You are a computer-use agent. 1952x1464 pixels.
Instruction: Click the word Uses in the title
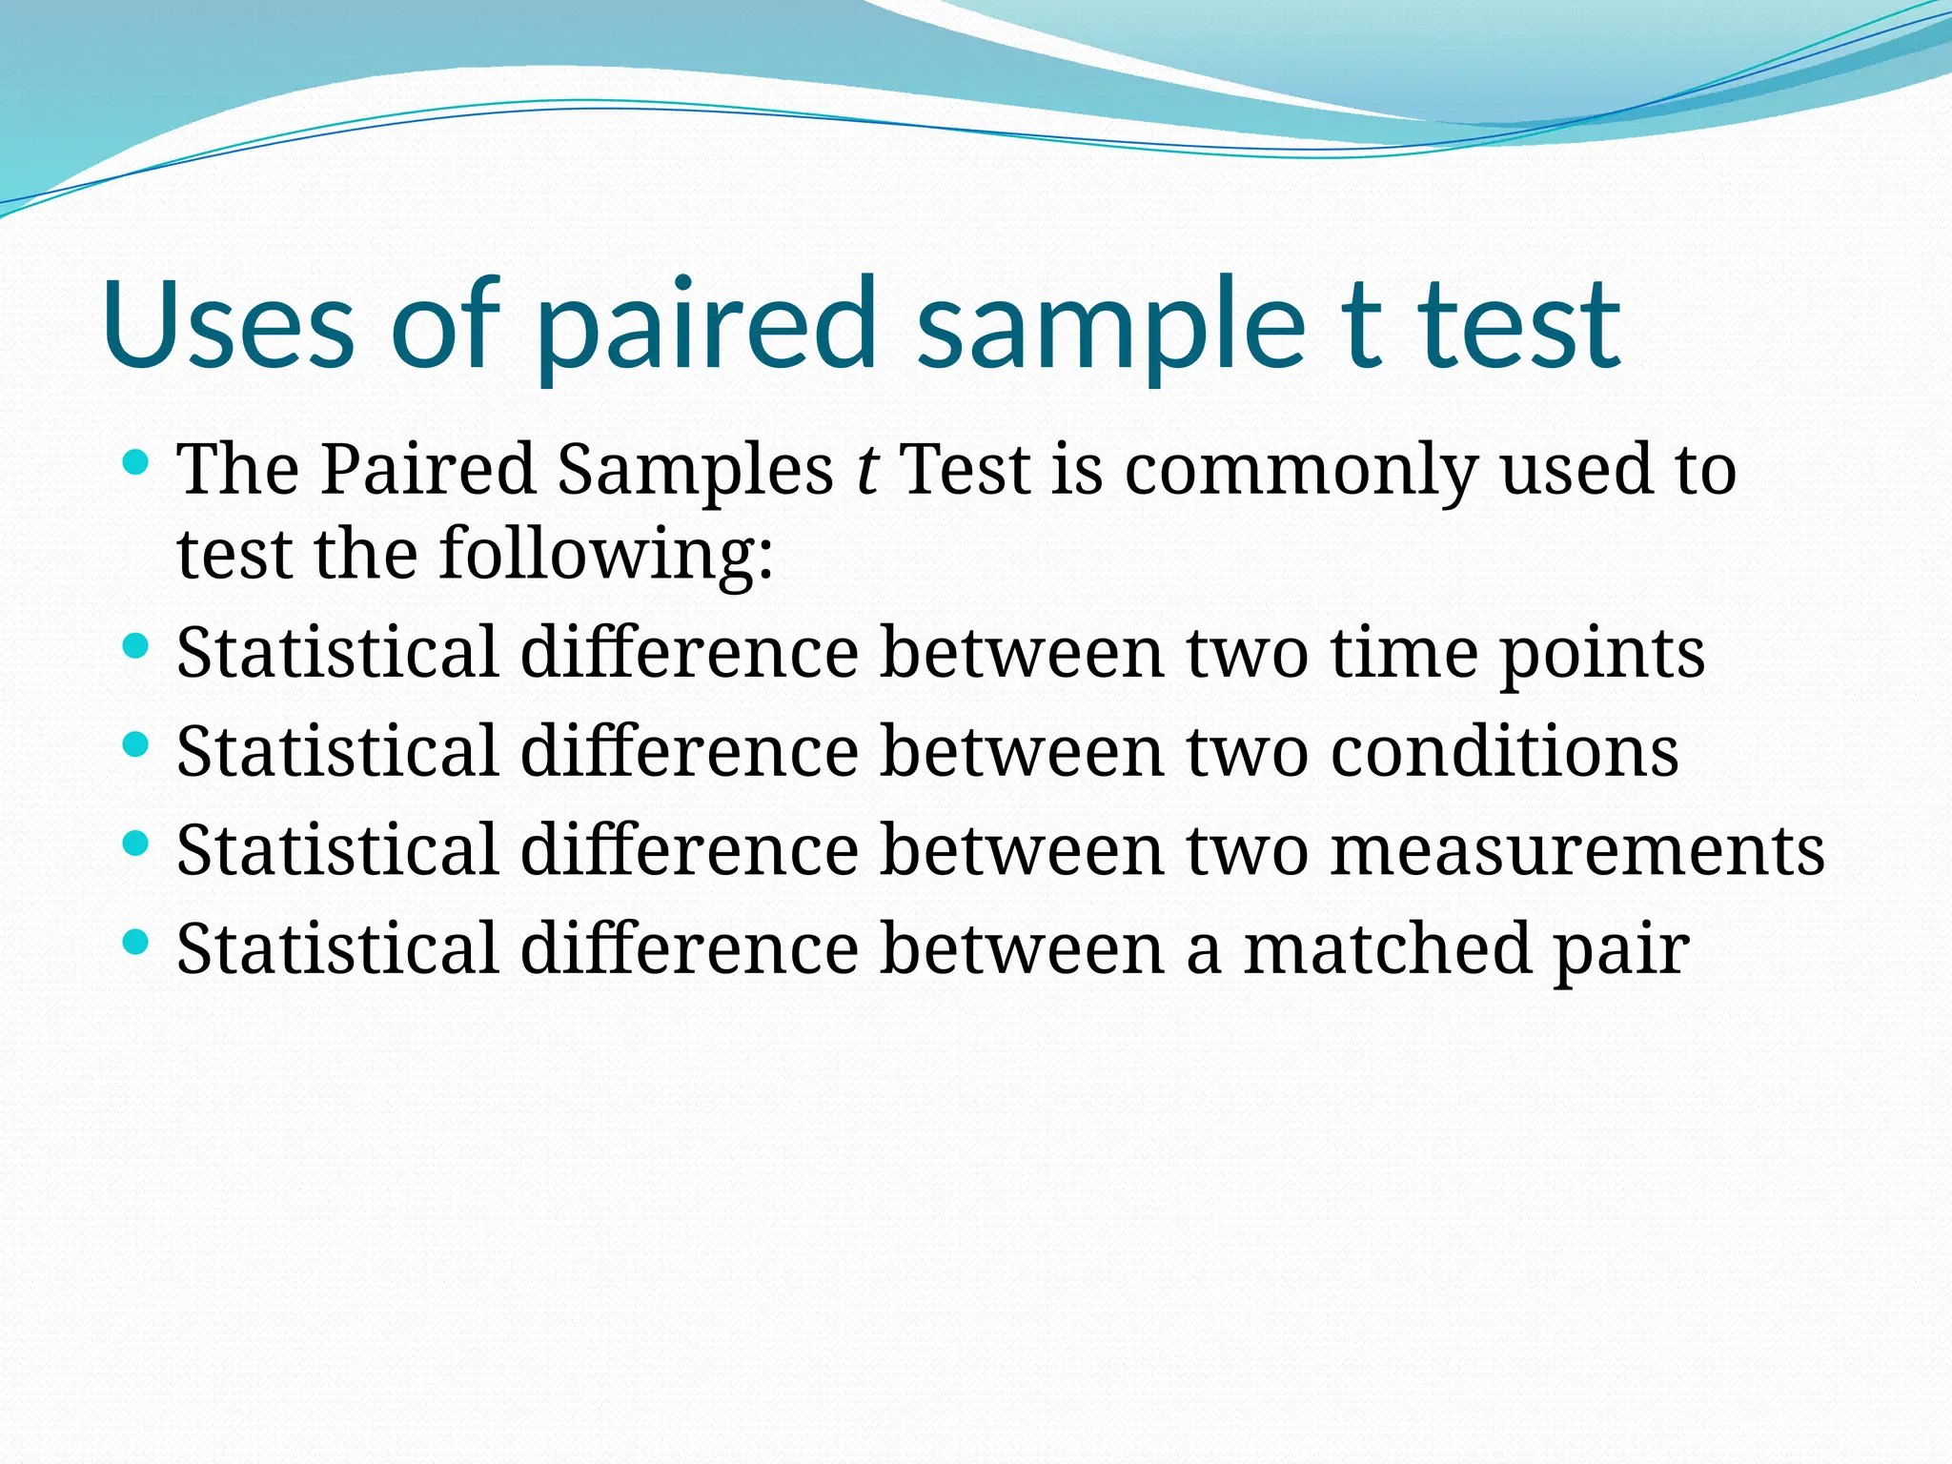tap(229, 324)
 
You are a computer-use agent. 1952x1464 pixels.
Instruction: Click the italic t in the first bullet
tap(866, 470)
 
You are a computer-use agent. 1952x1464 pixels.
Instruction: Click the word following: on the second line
tap(605, 555)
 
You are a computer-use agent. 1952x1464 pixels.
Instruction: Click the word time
tap(1404, 654)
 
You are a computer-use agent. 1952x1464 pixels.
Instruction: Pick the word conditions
tap(1504, 752)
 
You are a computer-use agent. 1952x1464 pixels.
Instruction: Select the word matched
tap(1387, 949)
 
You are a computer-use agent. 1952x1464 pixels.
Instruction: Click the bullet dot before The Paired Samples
tap(137, 463)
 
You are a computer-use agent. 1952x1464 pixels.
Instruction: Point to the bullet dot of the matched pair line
tap(137, 943)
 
